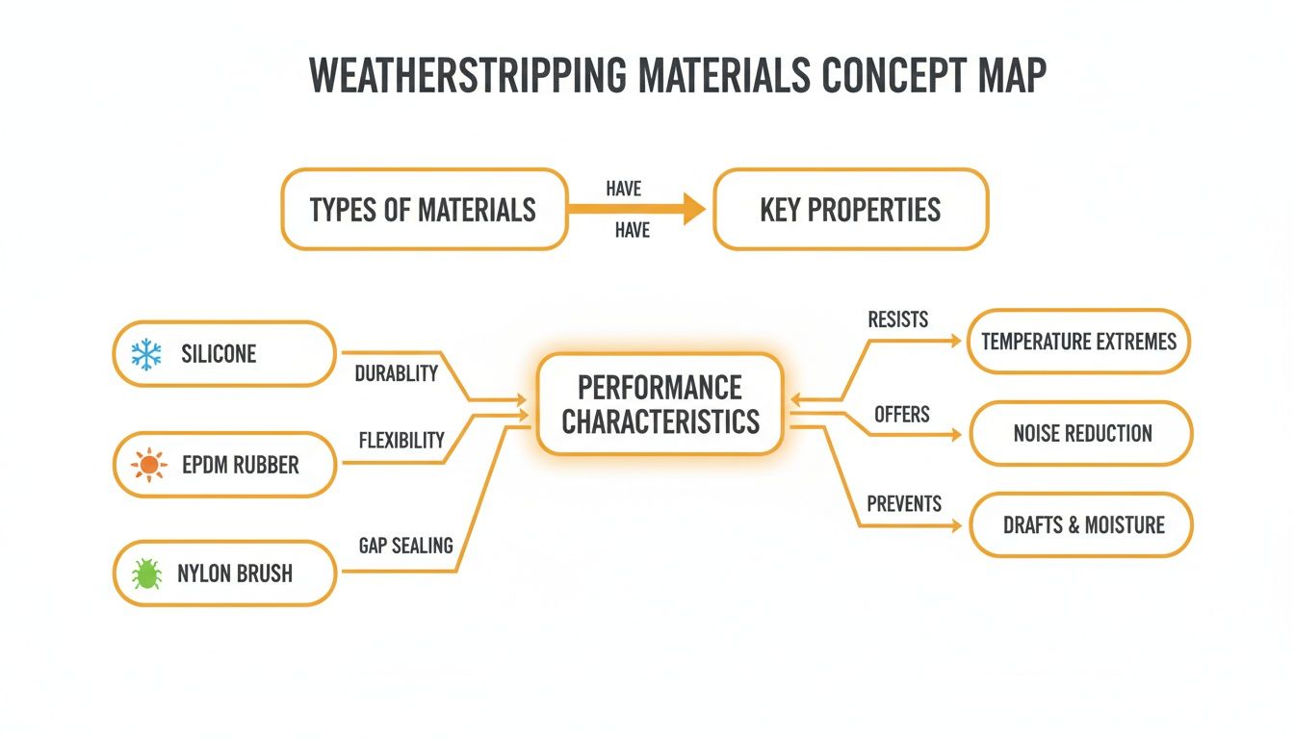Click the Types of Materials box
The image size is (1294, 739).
(423, 210)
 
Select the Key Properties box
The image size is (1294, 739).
(850, 210)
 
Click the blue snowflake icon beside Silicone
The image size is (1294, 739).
(146, 354)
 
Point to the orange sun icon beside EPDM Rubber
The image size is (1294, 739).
(148, 465)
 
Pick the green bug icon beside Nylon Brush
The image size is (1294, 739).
(146, 574)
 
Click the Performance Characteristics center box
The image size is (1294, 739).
(660, 404)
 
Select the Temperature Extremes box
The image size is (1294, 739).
(1078, 341)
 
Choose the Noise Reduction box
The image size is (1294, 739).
(1081, 434)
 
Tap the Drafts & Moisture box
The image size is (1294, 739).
(1082, 525)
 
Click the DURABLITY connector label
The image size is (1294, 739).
(396, 374)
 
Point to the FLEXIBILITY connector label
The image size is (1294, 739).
(401, 441)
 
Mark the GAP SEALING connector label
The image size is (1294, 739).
(404, 546)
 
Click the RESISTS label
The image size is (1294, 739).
(897, 319)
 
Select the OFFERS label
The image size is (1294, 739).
(901, 415)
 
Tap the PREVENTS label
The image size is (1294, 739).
(904, 504)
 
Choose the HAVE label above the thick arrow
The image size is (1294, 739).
(624, 190)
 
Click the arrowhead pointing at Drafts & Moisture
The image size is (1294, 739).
(955, 526)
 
